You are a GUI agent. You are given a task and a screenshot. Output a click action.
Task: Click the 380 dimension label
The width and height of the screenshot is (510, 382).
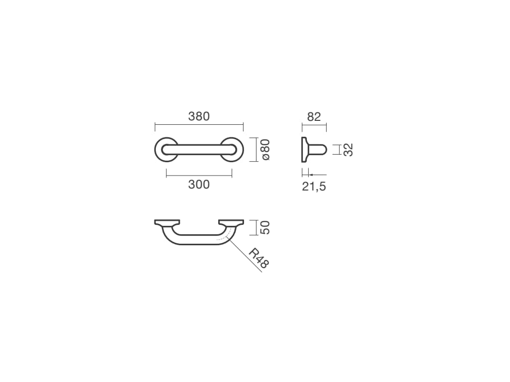[199, 116]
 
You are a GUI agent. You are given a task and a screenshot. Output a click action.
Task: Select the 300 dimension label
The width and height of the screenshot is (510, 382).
[199, 185]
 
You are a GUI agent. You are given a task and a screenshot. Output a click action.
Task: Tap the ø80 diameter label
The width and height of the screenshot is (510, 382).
[265, 149]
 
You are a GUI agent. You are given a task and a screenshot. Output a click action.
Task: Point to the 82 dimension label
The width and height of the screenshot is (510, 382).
[314, 116]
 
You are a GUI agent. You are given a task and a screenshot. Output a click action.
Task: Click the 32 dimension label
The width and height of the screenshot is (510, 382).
[348, 150]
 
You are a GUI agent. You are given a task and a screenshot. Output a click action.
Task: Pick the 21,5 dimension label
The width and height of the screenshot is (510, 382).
[314, 187]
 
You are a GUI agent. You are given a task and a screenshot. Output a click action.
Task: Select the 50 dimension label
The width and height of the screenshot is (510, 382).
[265, 227]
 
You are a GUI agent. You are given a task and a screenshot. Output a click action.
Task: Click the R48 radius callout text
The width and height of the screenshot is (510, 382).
[259, 258]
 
